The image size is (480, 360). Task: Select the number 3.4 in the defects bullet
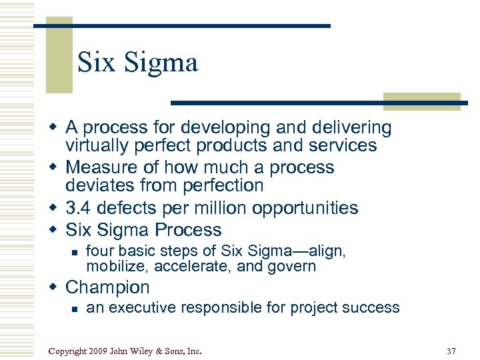pyautogui.click(x=79, y=208)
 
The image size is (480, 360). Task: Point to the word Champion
pyautogui.click(x=108, y=287)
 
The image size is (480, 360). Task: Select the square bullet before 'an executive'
pyautogui.click(x=74, y=309)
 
